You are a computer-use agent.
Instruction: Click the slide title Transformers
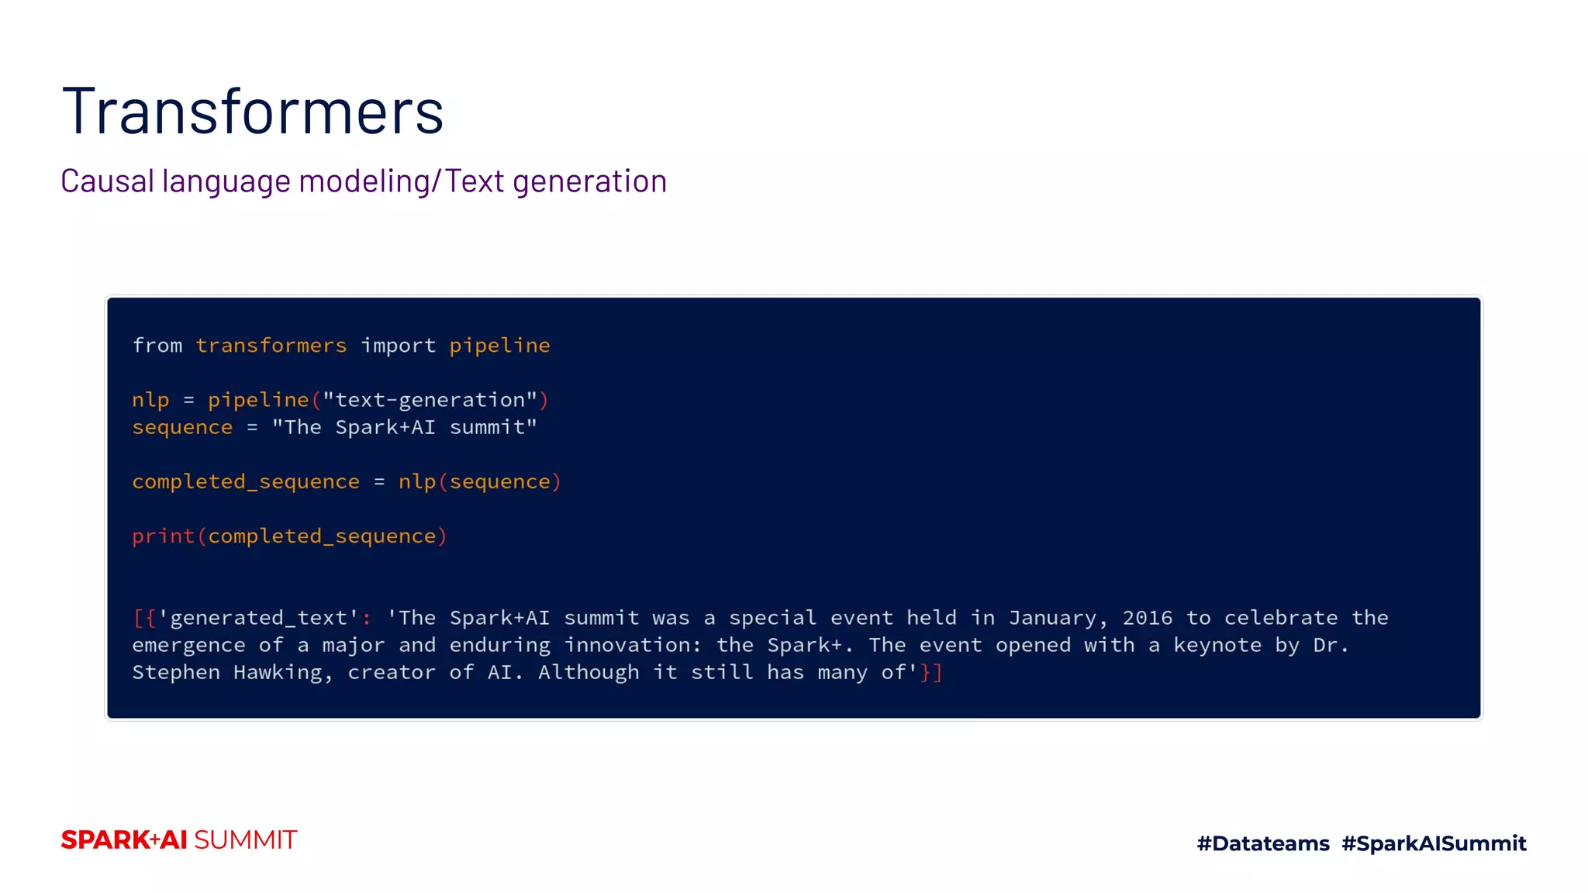tap(253, 112)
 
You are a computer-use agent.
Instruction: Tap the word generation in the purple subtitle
tap(589, 181)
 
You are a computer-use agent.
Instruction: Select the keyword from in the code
tap(157, 346)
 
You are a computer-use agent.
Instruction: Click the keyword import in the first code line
tap(399, 346)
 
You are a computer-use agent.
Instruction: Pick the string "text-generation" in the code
tap(430, 400)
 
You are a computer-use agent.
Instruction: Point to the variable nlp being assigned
tap(150, 400)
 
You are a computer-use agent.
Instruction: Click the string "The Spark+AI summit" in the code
tap(404, 427)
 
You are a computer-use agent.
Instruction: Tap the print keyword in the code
tap(163, 536)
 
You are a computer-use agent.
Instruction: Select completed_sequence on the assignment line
tap(246, 482)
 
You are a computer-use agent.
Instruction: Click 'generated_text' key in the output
tap(259, 618)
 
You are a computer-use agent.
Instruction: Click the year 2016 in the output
tap(1148, 618)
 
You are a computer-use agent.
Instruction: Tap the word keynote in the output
tap(1217, 645)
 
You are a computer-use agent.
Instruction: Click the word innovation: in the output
tap(633, 645)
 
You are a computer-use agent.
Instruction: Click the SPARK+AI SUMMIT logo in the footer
tap(179, 840)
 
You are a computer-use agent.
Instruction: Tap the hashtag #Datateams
tap(1263, 843)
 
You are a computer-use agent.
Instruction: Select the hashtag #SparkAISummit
tap(1434, 843)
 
